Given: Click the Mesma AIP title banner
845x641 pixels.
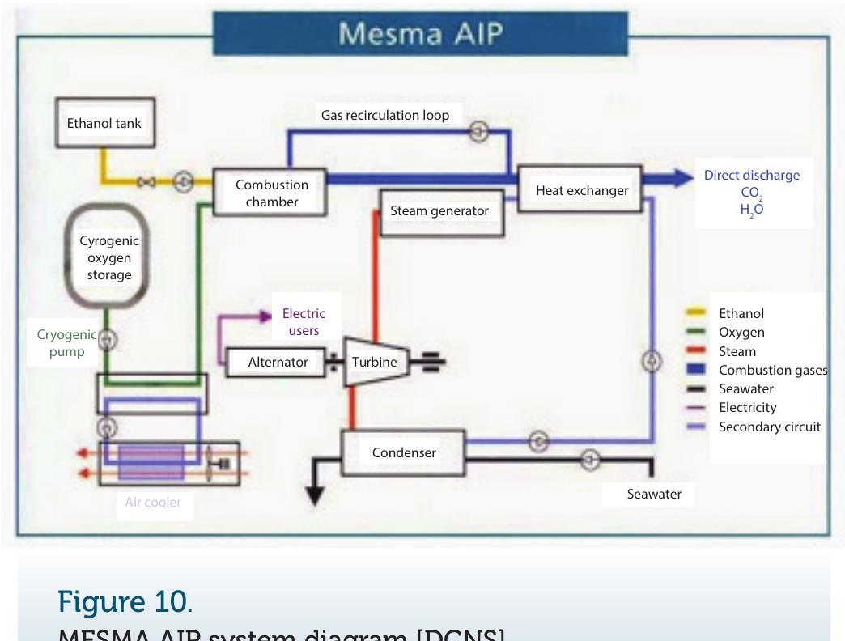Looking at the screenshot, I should pos(420,33).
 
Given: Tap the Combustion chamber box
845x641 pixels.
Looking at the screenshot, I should pos(271,193).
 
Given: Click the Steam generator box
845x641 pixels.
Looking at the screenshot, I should pos(439,211).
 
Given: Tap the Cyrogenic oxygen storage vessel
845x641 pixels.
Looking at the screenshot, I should pos(105,257).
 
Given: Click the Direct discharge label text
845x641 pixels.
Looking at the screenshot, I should pos(751,176).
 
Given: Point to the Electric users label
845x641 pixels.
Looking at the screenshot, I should pos(303,321).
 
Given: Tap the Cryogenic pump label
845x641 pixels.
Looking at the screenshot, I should pos(66,343).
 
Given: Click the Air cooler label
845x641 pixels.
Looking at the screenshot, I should pos(153,503).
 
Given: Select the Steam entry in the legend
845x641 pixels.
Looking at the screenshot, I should pos(737,351).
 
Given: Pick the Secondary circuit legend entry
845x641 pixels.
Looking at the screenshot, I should pos(769,427).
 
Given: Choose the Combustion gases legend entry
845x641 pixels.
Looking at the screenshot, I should pos(772,370).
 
